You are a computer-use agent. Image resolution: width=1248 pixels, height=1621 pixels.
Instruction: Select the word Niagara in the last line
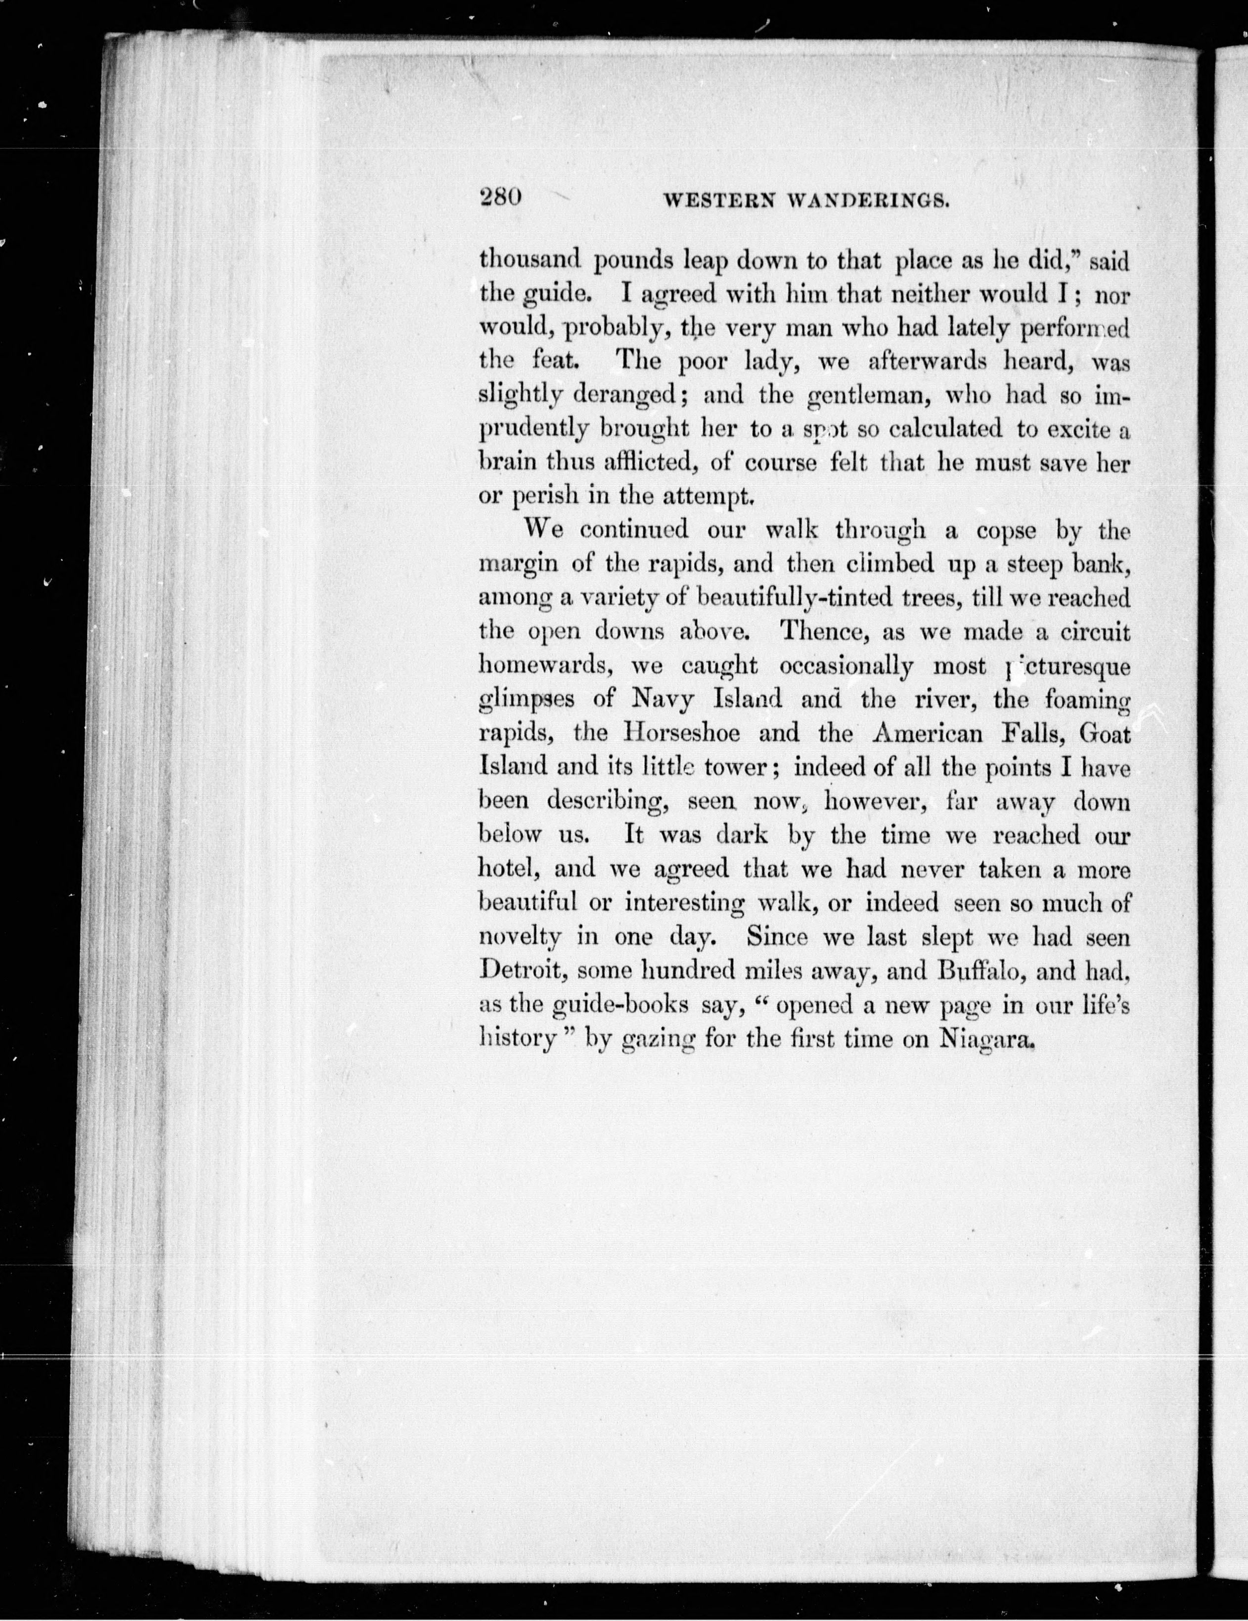pyautogui.click(x=987, y=1038)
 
